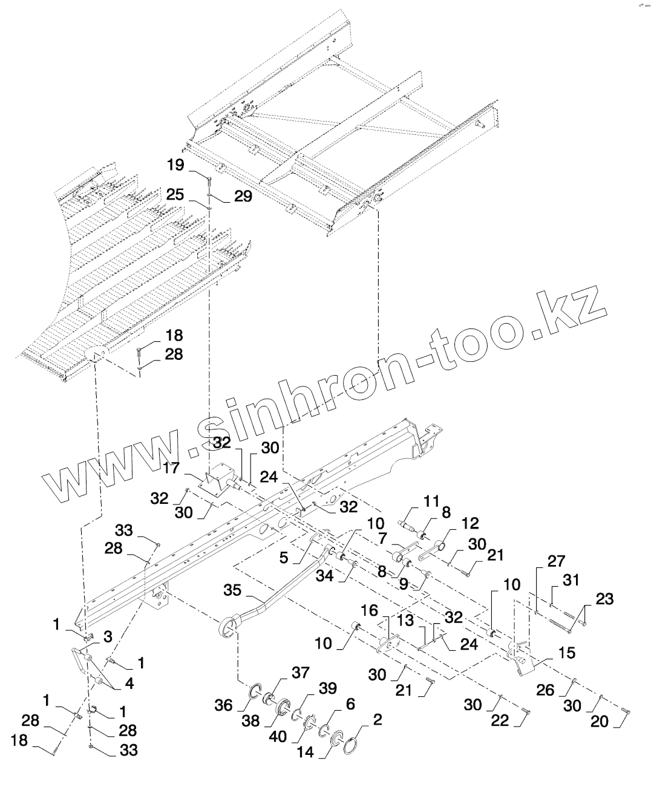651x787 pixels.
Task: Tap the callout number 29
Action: tap(243, 196)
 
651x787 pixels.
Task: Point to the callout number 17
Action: tap(171, 468)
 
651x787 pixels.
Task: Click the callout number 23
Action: tap(604, 599)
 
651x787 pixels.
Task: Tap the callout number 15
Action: tap(567, 654)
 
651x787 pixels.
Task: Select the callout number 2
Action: tap(378, 720)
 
